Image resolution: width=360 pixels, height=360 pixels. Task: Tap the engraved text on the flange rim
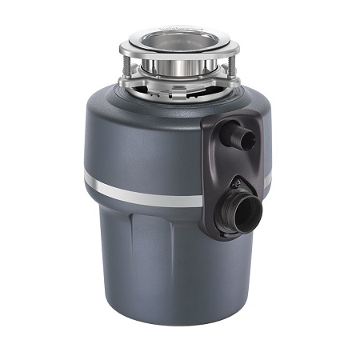click(x=178, y=26)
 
